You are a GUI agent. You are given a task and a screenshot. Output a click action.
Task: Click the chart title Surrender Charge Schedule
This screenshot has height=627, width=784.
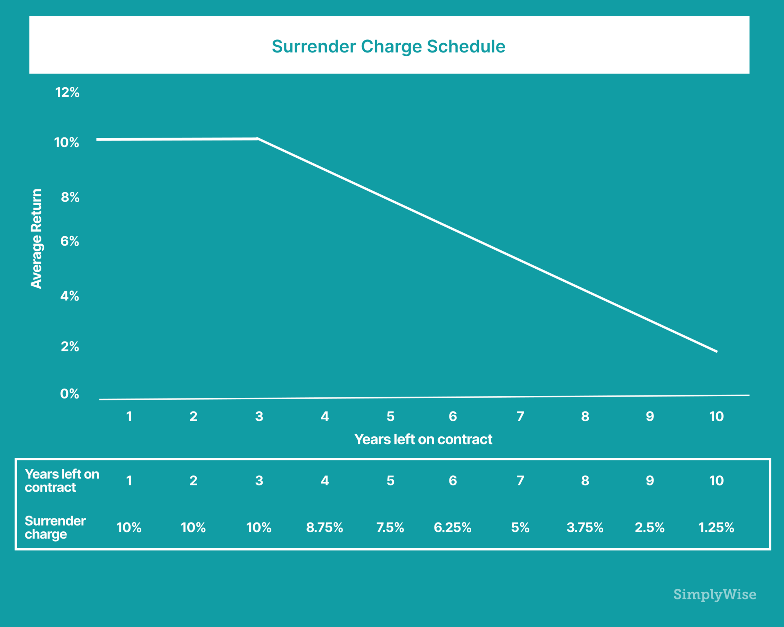[389, 46]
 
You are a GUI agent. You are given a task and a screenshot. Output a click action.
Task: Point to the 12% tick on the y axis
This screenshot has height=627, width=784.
[67, 92]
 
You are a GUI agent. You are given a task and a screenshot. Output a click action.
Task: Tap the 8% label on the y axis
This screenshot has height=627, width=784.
[70, 197]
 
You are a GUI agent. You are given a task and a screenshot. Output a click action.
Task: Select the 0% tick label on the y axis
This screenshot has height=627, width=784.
[70, 394]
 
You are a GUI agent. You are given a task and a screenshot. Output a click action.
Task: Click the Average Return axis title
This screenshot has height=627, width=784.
[36, 238]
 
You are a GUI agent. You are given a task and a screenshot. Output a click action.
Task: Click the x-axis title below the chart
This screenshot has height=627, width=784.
[423, 439]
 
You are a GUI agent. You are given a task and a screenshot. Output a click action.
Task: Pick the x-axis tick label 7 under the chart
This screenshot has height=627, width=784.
[520, 416]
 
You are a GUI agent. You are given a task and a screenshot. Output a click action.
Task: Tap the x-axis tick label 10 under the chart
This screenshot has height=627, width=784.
[716, 416]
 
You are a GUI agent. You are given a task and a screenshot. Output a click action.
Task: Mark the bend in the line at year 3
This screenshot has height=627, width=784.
[257, 139]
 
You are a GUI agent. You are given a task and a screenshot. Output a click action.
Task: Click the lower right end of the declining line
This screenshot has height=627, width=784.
[716, 351]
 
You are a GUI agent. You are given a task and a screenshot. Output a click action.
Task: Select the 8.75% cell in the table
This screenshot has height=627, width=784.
[325, 527]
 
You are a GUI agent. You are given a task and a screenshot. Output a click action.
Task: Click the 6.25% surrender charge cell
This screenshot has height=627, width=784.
[452, 527]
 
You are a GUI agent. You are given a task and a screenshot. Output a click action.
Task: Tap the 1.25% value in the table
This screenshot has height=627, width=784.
[716, 527]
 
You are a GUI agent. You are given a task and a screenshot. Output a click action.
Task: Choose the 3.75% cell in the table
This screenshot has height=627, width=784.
[585, 527]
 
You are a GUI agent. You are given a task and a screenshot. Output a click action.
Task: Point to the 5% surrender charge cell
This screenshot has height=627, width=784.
[520, 527]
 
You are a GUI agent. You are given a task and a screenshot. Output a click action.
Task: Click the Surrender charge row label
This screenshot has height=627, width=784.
[55, 527]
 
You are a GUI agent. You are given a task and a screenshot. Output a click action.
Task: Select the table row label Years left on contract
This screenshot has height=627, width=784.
[62, 480]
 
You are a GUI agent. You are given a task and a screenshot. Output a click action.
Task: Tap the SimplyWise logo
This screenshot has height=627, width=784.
[715, 594]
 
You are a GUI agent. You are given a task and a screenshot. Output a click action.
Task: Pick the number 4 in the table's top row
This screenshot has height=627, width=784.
[325, 480]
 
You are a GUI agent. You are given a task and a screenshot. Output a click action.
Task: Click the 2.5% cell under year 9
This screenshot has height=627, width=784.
[650, 527]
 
